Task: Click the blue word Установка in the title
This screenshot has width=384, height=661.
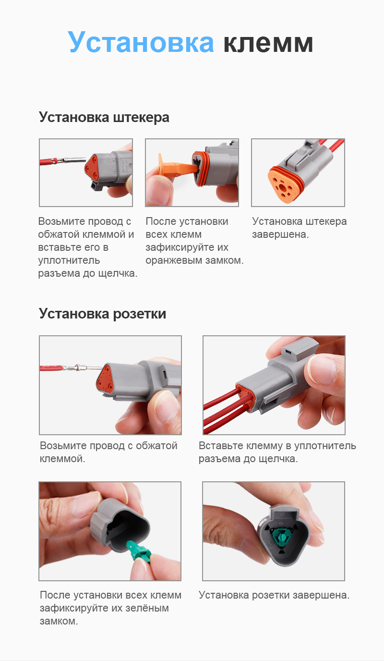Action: [141, 42]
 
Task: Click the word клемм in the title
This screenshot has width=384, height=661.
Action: [268, 42]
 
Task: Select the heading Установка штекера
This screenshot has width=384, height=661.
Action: [104, 117]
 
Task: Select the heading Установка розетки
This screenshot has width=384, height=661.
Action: [102, 314]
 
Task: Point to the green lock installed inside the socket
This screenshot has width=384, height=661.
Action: [280, 535]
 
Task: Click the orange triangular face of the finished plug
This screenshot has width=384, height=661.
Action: [287, 184]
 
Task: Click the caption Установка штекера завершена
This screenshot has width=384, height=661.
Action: [299, 228]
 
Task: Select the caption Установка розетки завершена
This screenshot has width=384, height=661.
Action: [274, 595]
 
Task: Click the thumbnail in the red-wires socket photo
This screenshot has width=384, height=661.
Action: [322, 371]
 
